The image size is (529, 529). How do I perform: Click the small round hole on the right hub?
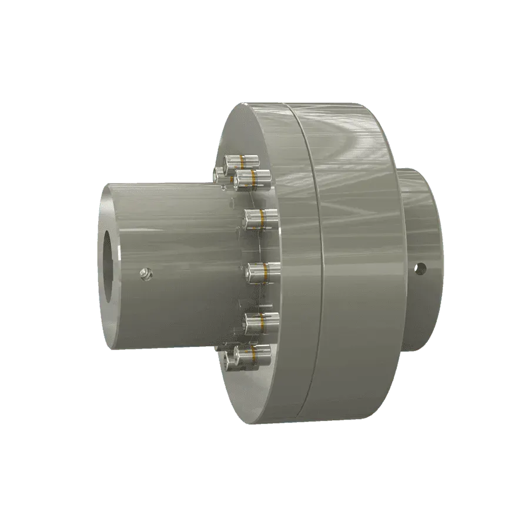[419, 268]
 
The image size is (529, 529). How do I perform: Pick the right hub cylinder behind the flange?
[420, 223]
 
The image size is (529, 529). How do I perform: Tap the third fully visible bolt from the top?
[259, 219]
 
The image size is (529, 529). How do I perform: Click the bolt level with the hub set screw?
[261, 272]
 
